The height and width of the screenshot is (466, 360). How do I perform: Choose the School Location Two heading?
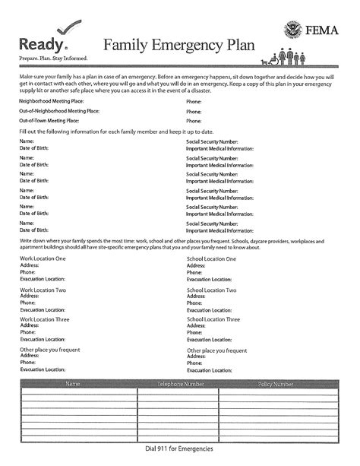[212, 290]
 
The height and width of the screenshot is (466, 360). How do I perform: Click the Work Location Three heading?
[44, 319]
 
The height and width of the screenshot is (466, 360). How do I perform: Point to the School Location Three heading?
[213, 319]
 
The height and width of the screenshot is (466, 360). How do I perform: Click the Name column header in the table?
[74, 385]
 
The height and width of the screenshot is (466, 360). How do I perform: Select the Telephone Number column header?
[180, 385]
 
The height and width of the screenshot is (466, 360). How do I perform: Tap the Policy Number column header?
[276, 385]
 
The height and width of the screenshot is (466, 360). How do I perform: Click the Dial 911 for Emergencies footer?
[179, 449]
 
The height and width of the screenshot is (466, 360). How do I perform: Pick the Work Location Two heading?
[43, 290]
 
